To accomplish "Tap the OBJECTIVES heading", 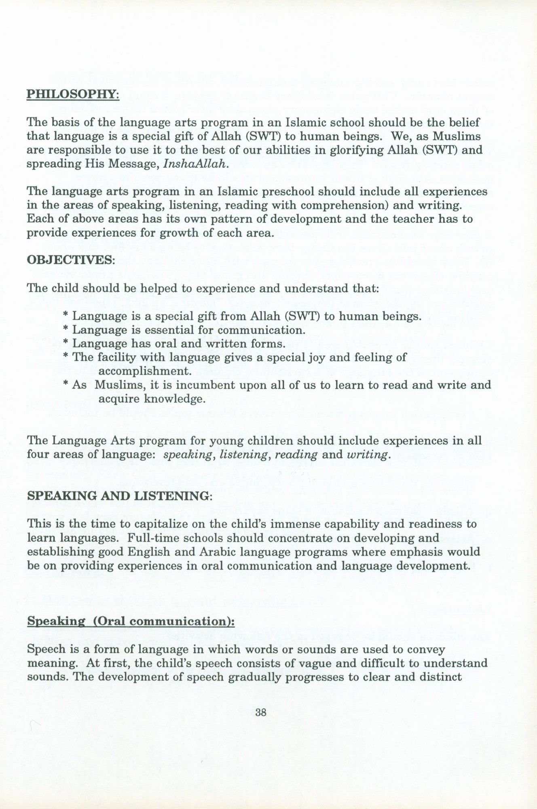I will point(71,259).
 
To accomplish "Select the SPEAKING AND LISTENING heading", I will point(119,496).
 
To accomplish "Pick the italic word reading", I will point(296,455).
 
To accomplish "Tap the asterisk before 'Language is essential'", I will point(66,330).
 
